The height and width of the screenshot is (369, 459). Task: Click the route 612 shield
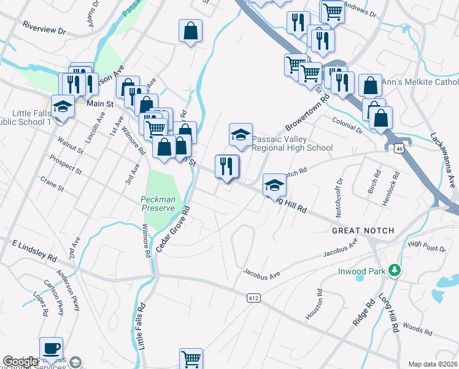point(253,298)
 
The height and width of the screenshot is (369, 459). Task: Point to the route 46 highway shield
point(399,148)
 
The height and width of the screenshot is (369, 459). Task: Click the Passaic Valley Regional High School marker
point(241,135)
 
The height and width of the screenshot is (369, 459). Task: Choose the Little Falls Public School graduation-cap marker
point(62,108)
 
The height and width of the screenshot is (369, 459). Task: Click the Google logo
point(20,362)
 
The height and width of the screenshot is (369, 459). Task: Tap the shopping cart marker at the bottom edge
point(191,359)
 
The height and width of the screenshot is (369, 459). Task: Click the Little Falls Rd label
point(142,326)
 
